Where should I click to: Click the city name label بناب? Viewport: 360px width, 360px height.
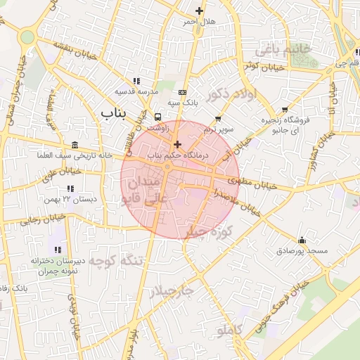click(x=113, y=112)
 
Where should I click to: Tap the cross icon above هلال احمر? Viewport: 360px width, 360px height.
click(x=200, y=11)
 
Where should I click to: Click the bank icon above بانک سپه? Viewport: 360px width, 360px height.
click(x=183, y=92)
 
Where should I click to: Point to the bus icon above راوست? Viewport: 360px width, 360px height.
click(x=157, y=117)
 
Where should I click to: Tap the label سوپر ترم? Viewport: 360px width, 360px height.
click(x=218, y=130)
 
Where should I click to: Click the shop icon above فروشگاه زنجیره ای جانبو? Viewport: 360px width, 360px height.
click(x=284, y=110)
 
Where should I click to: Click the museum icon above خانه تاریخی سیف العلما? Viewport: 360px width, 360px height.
click(x=75, y=144)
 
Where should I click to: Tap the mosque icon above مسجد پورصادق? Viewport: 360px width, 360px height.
click(x=302, y=240)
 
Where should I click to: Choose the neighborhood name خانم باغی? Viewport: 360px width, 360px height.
click(x=280, y=50)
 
